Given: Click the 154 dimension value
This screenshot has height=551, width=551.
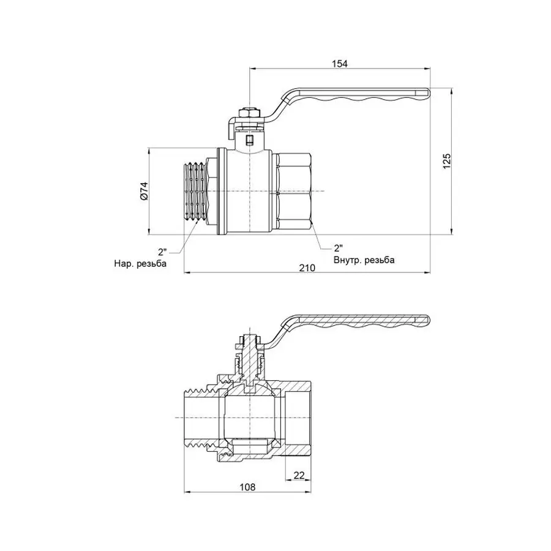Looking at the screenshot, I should (340, 64).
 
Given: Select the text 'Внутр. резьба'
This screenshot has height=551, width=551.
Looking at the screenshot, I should (364, 260).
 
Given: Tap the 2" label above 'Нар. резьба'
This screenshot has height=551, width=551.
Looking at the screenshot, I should (162, 251).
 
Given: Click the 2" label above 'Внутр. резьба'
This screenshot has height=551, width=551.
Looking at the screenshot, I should (338, 249).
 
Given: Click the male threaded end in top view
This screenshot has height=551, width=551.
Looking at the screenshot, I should (195, 192).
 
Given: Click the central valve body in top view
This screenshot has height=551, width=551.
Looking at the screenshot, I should (250, 192).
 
